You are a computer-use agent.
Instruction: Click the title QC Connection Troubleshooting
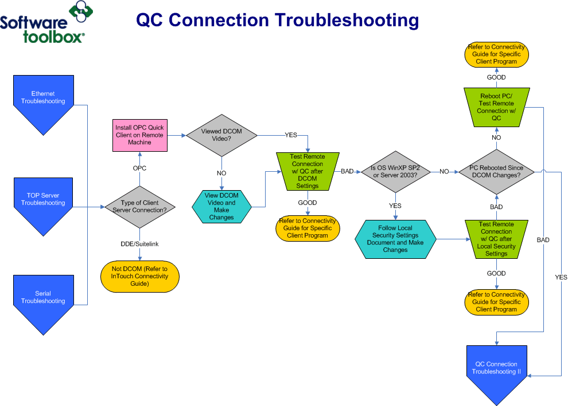click(x=277, y=21)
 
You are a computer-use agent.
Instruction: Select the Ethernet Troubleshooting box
click(x=43, y=98)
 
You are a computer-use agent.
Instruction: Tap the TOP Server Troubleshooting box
click(x=43, y=200)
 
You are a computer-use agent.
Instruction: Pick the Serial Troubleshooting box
click(x=43, y=298)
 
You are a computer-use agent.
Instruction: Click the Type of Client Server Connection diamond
click(x=139, y=207)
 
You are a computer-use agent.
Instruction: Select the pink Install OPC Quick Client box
click(x=139, y=135)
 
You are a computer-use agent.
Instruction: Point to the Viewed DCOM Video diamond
click(x=221, y=135)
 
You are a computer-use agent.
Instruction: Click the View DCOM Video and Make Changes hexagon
click(x=221, y=207)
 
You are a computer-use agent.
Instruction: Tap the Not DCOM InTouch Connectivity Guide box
click(x=139, y=277)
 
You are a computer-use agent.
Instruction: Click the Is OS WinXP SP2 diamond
click(x=395, y=171)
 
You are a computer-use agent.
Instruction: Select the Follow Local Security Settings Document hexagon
click(x=395, y=239)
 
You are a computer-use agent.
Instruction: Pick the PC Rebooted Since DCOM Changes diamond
click(x=496, y=171)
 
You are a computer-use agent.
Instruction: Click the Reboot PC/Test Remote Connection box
click(x=496, y=107)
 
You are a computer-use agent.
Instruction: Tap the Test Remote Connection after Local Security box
click(x=496, y=239)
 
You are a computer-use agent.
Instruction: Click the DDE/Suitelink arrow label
click(x=139, y=244)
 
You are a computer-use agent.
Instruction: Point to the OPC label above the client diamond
click(x=139, y=168)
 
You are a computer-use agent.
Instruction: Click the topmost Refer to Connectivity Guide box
click(x=496, y=54)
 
